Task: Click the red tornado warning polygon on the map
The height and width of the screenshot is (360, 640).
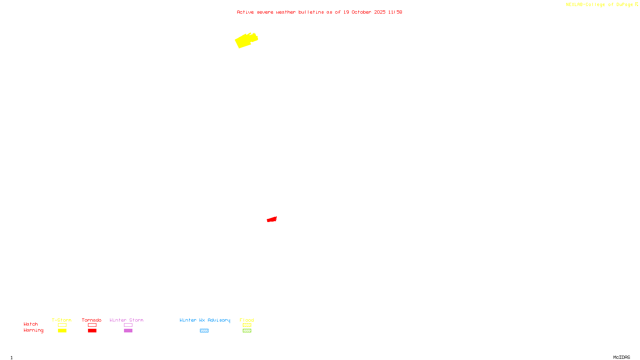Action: [272, 219]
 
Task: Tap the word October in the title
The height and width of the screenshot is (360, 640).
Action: [361, 12]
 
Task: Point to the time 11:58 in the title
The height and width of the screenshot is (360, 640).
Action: [395, 12]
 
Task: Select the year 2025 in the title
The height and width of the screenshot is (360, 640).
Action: [380, 12]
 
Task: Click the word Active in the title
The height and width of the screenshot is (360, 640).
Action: [245, 12]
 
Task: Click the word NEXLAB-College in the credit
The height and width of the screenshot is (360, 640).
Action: [585, 4]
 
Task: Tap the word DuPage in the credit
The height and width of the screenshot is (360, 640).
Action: [624, 4]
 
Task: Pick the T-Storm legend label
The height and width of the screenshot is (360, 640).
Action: [62, 320]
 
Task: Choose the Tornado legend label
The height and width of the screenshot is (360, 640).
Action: [92, 320]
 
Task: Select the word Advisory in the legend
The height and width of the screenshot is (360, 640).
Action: [219, 320]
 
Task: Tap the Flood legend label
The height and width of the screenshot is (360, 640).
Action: [247, 320]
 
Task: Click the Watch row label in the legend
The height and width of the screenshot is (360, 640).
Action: [31, 324]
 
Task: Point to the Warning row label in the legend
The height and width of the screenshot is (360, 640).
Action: [33, 330]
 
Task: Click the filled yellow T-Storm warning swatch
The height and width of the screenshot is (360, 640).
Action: [62, 331]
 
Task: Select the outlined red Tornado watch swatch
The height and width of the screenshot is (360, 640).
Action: [92, 325]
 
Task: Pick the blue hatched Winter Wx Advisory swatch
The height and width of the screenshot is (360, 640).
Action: [204, 331]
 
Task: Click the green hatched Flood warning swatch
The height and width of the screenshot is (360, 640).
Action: [247, 331]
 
